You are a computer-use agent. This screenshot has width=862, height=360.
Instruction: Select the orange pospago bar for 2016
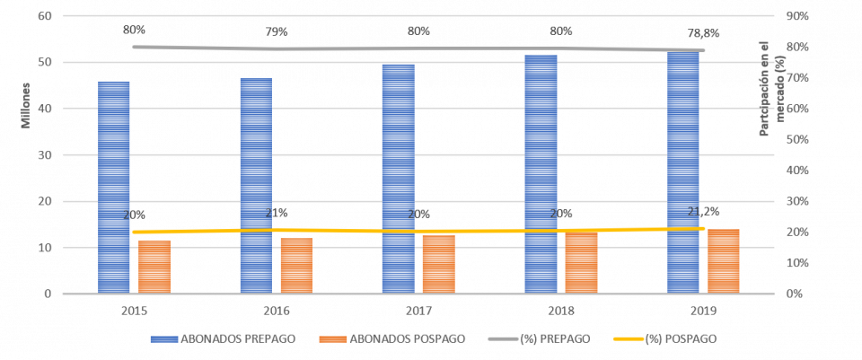pos(296,266)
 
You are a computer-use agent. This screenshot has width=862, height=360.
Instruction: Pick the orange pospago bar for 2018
pos(581,263)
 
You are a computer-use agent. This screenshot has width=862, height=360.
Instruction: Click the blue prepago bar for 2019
pos(683,171)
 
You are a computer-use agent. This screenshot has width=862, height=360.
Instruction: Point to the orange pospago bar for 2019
pos(724,261)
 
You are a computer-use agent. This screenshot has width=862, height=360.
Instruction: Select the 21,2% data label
pos(703,212)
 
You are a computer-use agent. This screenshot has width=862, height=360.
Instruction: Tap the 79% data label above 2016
pos(276,32)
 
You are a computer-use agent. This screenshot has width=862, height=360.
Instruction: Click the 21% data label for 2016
pos(276,214)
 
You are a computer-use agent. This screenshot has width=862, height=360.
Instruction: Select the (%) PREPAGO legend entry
pos(539,339)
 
